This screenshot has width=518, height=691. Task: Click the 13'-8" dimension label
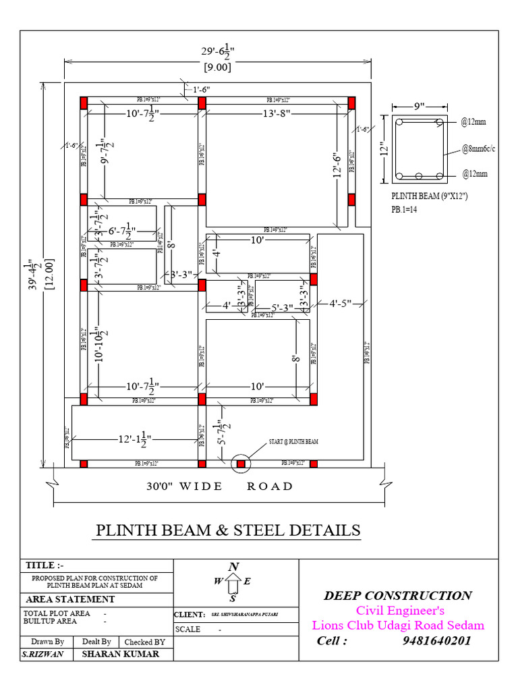pyautogui.click(x=277, y=114)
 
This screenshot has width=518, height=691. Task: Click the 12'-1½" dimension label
pyautogui.click(x=134, y=439)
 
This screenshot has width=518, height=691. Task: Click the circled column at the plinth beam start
pyautogui.click(x=241, y=464)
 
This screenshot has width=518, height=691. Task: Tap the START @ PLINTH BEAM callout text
pyautogui.click(x=293, y=441)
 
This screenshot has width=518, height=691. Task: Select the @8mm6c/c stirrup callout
pyautogui.click(x=478, y=148)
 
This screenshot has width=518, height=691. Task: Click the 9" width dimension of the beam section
pyautogui.click(x=419, y=106)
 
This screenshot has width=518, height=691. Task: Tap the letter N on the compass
pyautogui.click(x=233, y=567)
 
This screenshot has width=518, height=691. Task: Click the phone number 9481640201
pyautogui.click(x=436, y=640)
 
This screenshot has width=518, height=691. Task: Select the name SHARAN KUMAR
pyautogui.click(x=120, y=654)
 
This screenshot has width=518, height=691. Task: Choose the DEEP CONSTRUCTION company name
pyautogui.click(x=397, y=595)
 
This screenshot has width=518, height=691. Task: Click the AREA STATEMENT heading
pyautogui.click(x=70, y=599)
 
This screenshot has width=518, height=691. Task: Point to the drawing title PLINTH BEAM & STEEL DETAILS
pyautogui.click(x=228, y=530)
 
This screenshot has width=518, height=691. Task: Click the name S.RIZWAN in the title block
pyautogui.click(x=42, y=654)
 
